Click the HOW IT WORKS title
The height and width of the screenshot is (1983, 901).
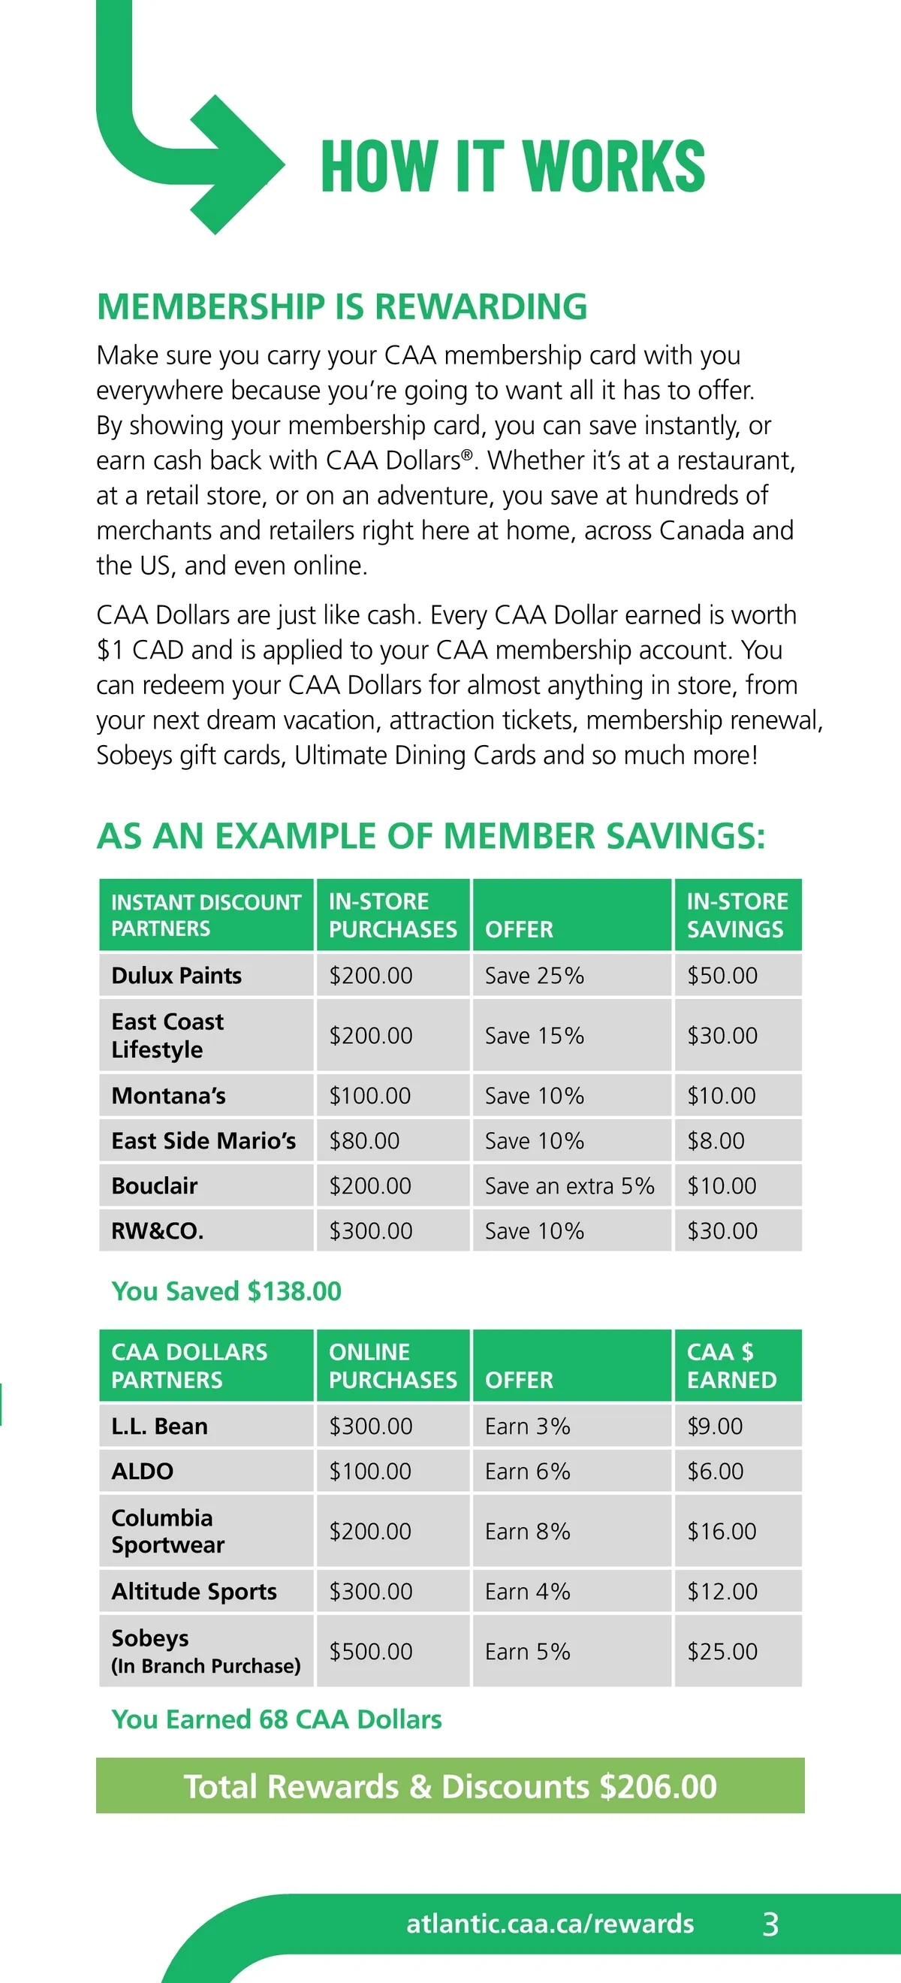pos(512,166)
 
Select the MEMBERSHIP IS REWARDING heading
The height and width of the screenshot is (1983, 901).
pos(342,306)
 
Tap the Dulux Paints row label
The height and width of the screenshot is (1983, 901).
pos(176,975)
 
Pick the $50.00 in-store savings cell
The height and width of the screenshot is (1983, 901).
pos(722,975)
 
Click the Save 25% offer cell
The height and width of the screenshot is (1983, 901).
pos(534,975)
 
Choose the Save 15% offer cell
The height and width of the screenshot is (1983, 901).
pos(534,1035)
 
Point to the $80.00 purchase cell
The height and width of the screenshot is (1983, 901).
pos(364,1140)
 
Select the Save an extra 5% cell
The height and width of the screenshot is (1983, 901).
pos(569,1185)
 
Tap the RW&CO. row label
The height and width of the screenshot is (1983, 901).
pos(158,1231)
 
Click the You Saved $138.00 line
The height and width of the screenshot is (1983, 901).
pos(226,1291)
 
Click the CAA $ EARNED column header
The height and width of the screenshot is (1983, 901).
pos(731,1366)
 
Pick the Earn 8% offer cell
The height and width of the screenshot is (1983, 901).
pos(527,1531)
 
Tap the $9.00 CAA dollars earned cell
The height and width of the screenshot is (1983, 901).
pos(715,1426)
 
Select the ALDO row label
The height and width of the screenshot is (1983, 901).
pos(143,1471)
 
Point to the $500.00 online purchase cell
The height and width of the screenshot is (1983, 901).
pos(371,1651)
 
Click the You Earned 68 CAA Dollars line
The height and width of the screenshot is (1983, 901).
pos(276,1719)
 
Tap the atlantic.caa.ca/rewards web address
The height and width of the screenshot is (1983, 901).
pos(550,1924)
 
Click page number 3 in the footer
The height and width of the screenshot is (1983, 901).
pos(770,1924)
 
